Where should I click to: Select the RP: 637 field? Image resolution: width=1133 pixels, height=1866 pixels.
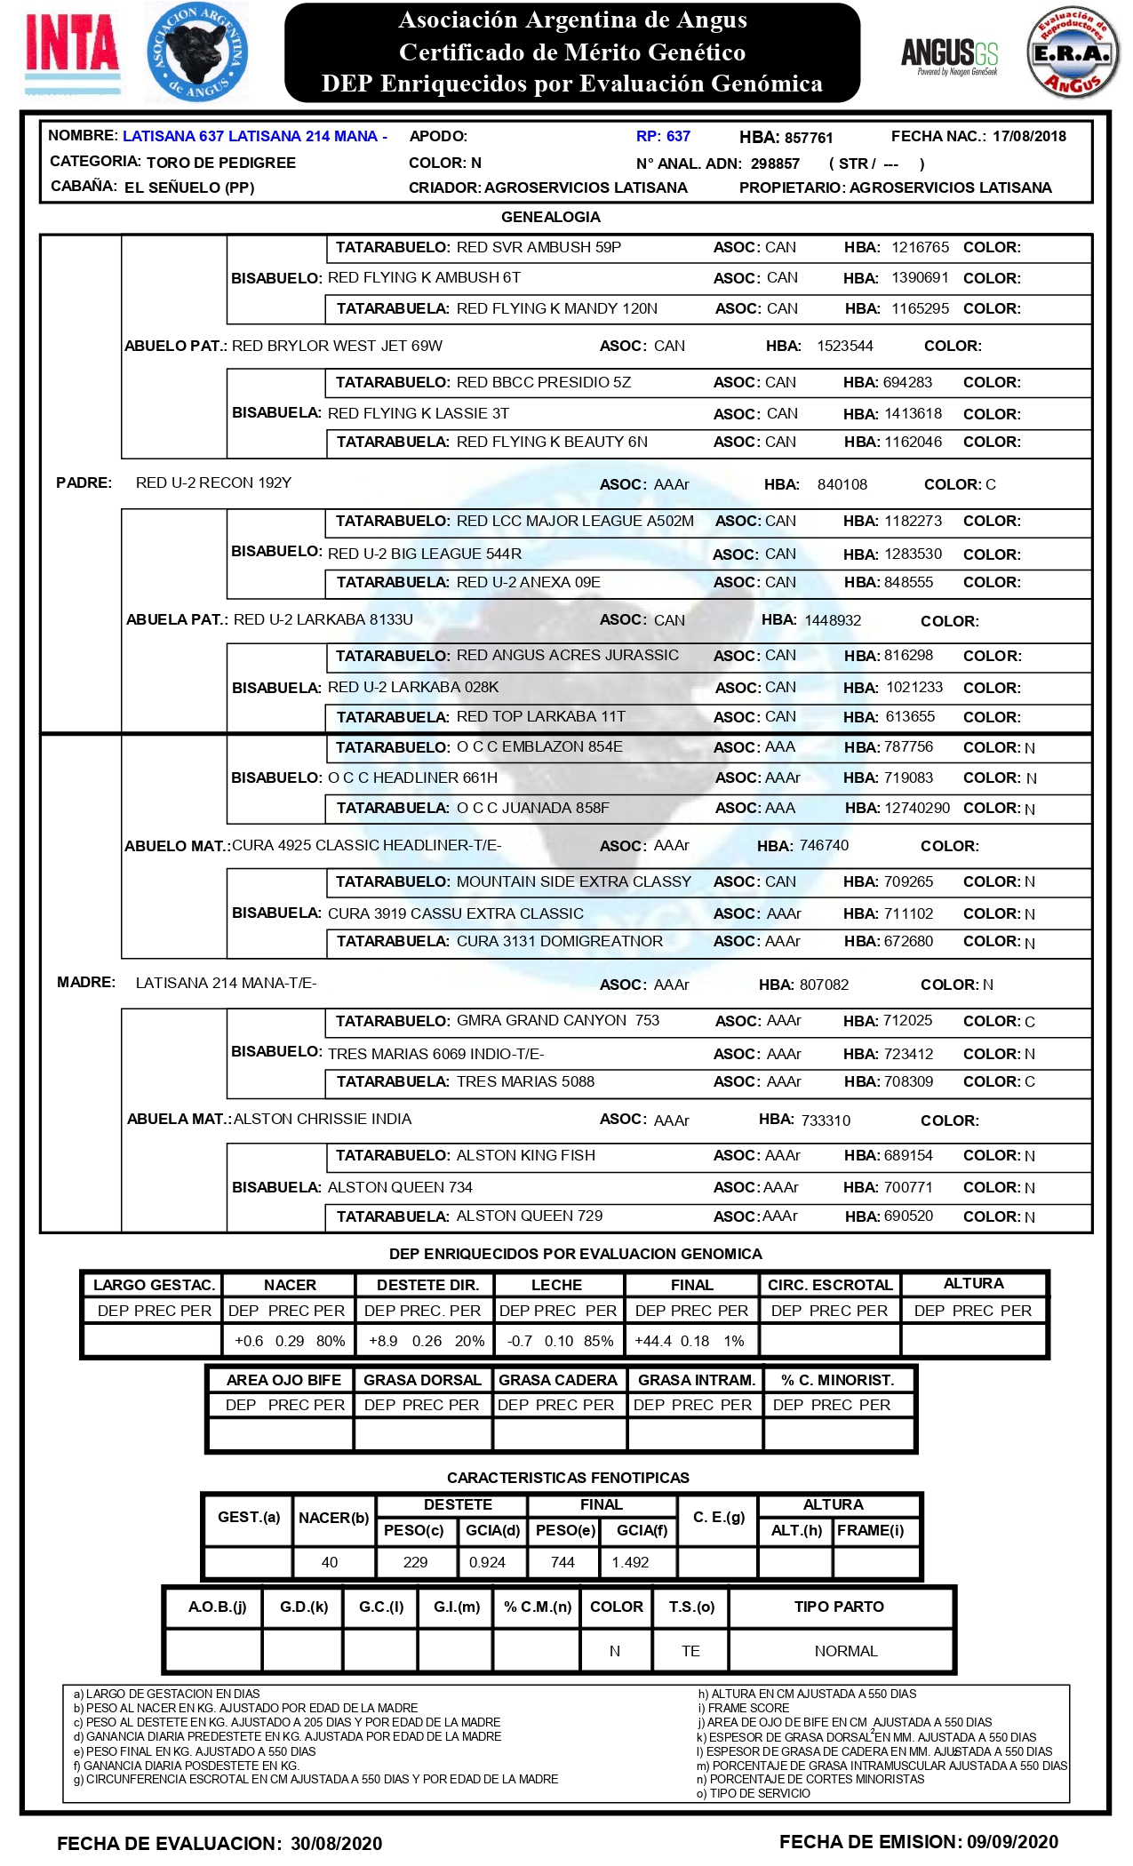[x=663, y=137]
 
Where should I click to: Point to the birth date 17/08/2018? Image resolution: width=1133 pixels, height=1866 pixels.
[x=1029, y=137]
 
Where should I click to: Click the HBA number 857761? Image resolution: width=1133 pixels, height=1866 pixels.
[x=809, y=138]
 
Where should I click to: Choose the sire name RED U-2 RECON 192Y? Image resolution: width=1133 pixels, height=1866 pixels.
[x=213, y=483]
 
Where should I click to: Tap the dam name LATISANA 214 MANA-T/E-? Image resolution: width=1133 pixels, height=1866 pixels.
[x=226, y=983]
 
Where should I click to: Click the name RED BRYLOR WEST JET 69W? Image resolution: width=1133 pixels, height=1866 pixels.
[x=337, y=346]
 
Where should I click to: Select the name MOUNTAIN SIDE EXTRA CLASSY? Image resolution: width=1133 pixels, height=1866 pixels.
[x=573, y=881]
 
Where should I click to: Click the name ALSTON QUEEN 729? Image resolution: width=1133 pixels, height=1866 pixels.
[x=529, y=1216]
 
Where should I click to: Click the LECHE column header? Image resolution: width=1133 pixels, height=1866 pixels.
[x=556, y=1285]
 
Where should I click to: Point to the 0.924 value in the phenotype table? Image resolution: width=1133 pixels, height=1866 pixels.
[x=487, y=1562]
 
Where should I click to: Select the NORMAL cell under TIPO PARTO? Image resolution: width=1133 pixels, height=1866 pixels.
[x=845, y=1651]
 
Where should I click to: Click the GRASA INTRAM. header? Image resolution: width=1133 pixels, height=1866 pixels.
[x=696, y=1380]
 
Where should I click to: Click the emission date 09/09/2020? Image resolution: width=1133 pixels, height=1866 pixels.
[x=1012, y=1842]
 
